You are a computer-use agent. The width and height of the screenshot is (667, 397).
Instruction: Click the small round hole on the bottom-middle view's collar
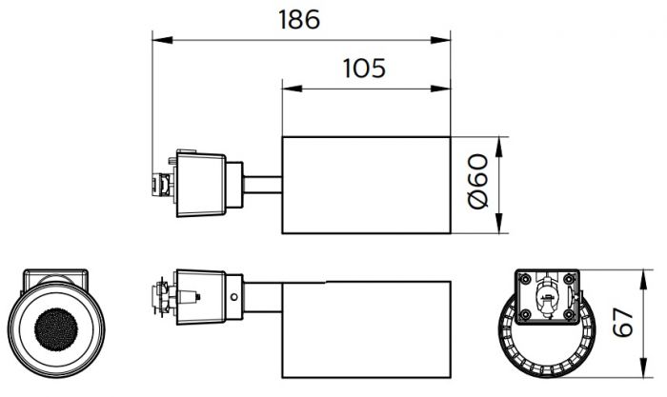234,297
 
